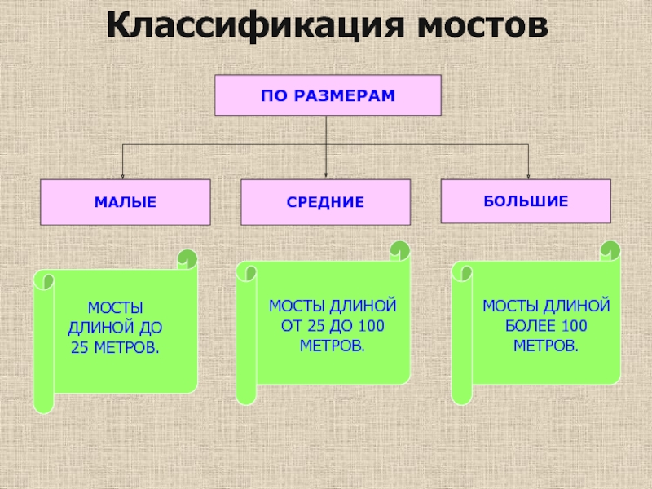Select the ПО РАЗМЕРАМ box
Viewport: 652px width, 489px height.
coord(327,95)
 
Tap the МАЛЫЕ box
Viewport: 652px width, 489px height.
coord(125,201)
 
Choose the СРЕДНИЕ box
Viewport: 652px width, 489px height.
coord(325,201)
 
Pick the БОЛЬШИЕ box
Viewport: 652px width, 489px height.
coord(526,200)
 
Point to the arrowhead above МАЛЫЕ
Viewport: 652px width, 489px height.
coord(123,174)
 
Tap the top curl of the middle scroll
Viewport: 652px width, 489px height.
coord(399,249)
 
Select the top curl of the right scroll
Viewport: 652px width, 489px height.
coord(609,249)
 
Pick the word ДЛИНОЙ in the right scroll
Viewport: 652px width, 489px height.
coord(580,306)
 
